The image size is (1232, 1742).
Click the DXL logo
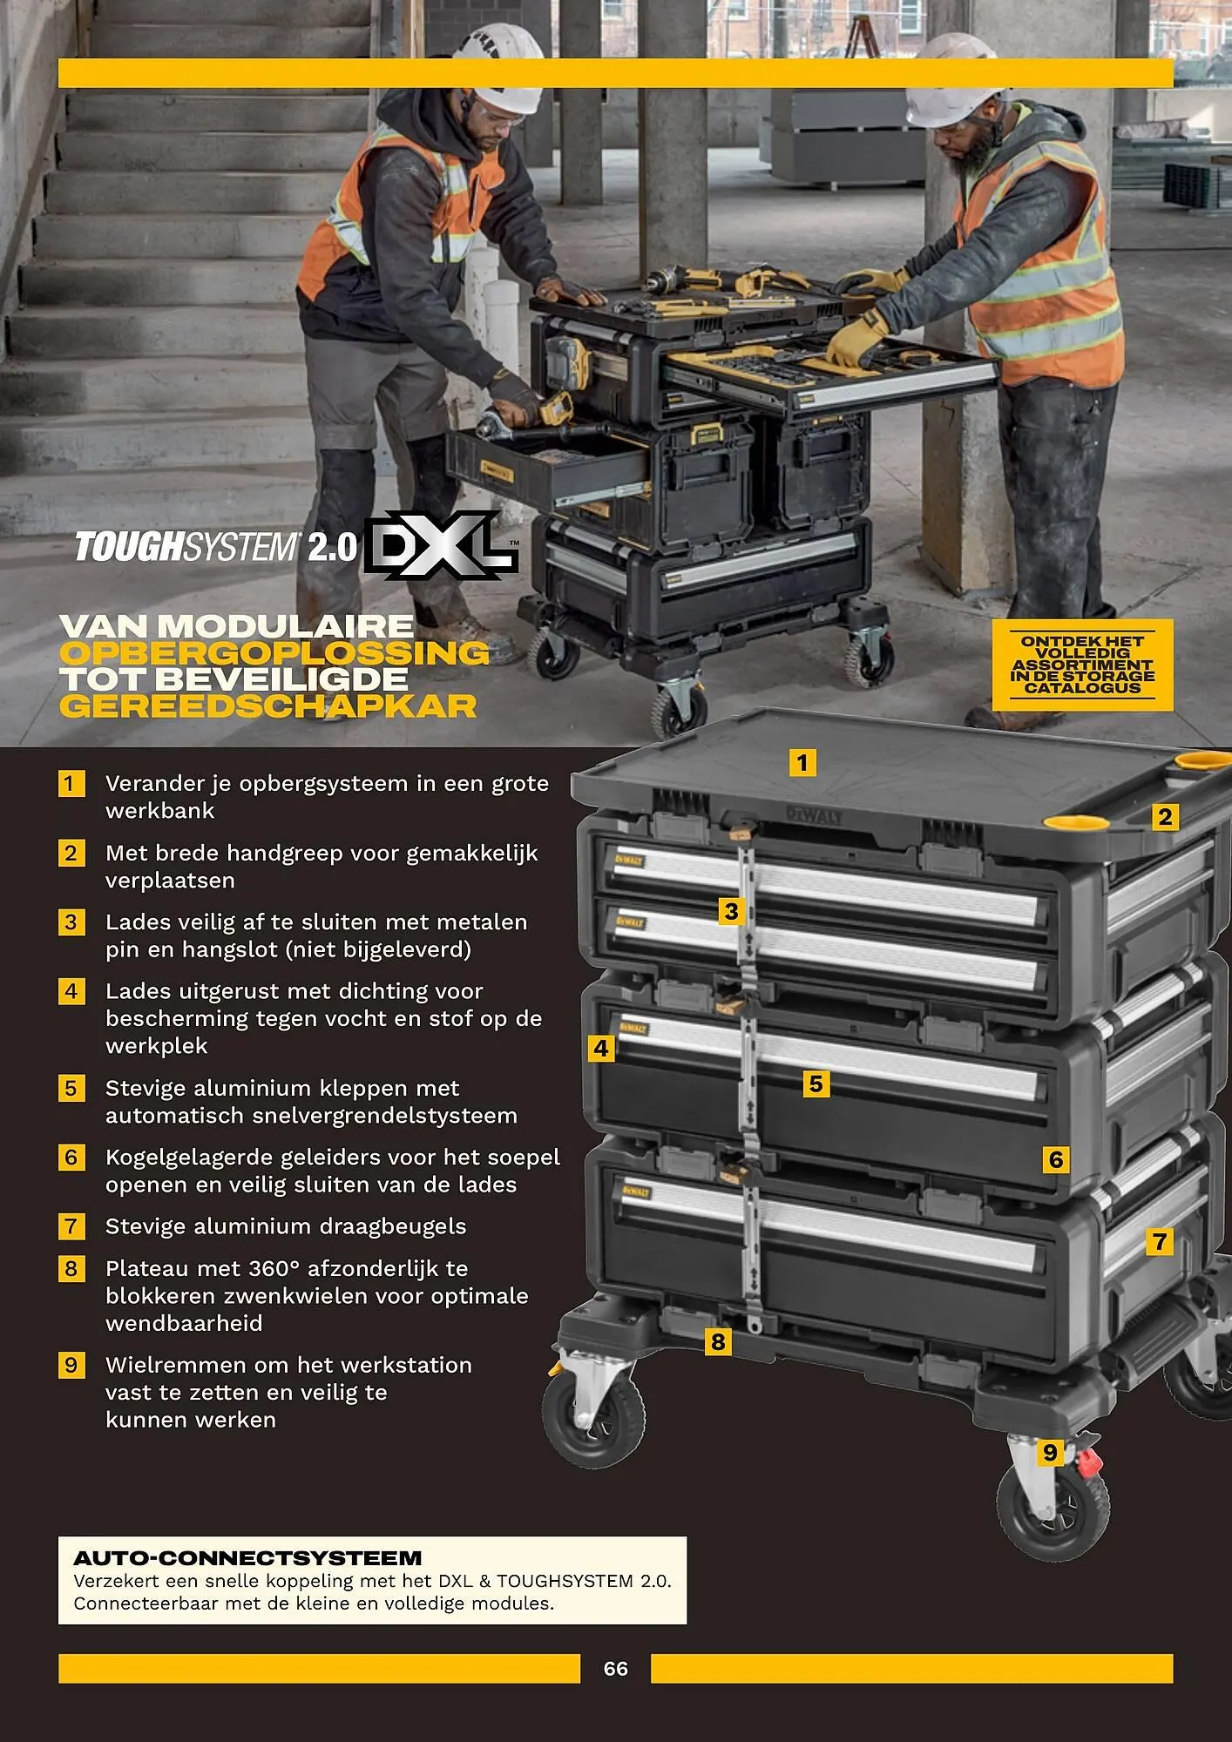[x=441, y=546]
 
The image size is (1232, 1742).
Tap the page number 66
[x=615, y=1668]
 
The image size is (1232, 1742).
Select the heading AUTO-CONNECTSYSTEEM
[x=247, y=1558]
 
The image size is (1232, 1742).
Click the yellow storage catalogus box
[x=1082, y=665]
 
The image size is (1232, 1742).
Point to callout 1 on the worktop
[x=802, y=763]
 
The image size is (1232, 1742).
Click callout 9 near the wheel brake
[x=1050, y=1452]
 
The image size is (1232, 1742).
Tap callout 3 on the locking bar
[x=731, y=911]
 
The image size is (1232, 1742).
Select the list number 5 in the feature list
[x=71, y=1088]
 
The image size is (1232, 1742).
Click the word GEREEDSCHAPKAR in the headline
[x=268, y=706]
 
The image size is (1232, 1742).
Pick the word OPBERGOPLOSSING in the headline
[x=274, y=653]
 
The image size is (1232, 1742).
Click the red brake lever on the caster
[x=1090, y=1462]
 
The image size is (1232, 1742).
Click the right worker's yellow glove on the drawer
[x=856, y=340]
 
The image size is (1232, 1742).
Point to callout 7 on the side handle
[x=1159, y=1241]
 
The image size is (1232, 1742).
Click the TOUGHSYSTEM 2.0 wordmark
[x=215, y=547]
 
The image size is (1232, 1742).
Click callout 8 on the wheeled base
[x=718, y=1341]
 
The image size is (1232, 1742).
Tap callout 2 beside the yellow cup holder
[x=1165, y=817]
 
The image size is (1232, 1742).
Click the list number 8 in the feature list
[x=71, y=1268]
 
